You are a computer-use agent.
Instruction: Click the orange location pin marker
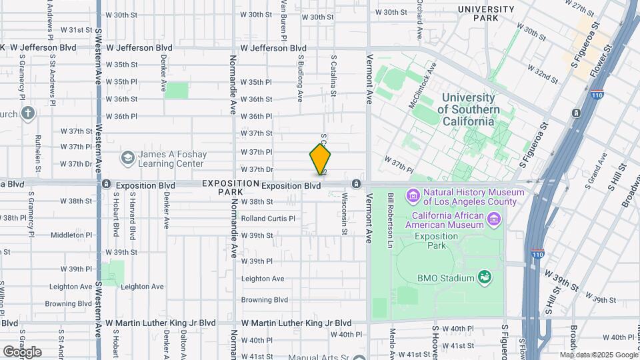tap(320, 159)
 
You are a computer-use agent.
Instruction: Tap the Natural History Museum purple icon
tap(413, 197)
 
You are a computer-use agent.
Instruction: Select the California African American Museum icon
tap(493, 218)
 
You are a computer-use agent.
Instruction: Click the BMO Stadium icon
tap(485, 277)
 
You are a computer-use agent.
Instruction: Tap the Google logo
tap(22, 351)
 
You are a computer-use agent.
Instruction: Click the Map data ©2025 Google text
tap(598, 355)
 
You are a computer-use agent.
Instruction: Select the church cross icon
tap(27, 113)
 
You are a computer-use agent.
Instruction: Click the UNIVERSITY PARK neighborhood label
tap(485, 13)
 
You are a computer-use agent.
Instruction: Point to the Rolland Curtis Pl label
tap(267, 218)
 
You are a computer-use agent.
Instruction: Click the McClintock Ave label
tap(423, 85)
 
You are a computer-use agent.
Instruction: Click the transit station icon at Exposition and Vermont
tap(357, 184)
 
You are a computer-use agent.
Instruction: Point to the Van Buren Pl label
tap(283, 20)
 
